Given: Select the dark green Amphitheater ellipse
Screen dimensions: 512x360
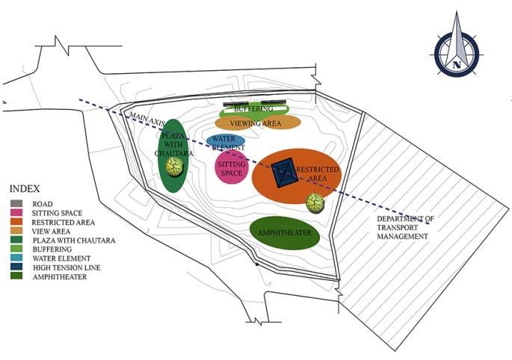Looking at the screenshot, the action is pyautogui.click(x=284, y=234).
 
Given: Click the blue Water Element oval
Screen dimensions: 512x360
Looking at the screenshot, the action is pyautogui.click(x=225, y=140).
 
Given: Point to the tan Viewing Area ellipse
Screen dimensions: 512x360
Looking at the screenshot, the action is pyautogui.click(x=258, y=122).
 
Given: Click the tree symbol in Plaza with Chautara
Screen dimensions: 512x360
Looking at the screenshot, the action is pyautogui.click(x=175, y=166).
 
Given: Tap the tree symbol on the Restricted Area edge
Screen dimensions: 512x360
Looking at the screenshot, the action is pyautogui.click(x=315, y=202).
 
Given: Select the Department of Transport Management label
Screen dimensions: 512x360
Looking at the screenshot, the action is pyautogui.click(x=404, y=227).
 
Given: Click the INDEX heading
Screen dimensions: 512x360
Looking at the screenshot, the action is pyautogui.click(x=25, y=189).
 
